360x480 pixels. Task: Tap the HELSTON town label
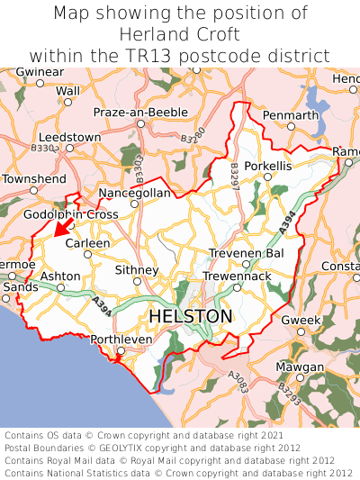[190, 317]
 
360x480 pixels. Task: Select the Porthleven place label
[121, 340]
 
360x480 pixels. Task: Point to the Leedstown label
[70, 137]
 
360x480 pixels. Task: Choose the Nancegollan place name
[134, 193]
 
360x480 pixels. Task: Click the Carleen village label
[88, 243]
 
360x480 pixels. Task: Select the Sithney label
[138, 270]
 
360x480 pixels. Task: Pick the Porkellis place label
[267, 167]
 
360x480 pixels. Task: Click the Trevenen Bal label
[246, 254]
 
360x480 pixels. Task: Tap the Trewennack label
[237, 276]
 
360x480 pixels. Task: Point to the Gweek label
[301, 321]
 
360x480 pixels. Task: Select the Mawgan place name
[299, 367]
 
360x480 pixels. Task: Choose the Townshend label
[34, 179]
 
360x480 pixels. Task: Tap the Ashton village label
[61, 276]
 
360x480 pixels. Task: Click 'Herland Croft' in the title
[180, 34]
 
